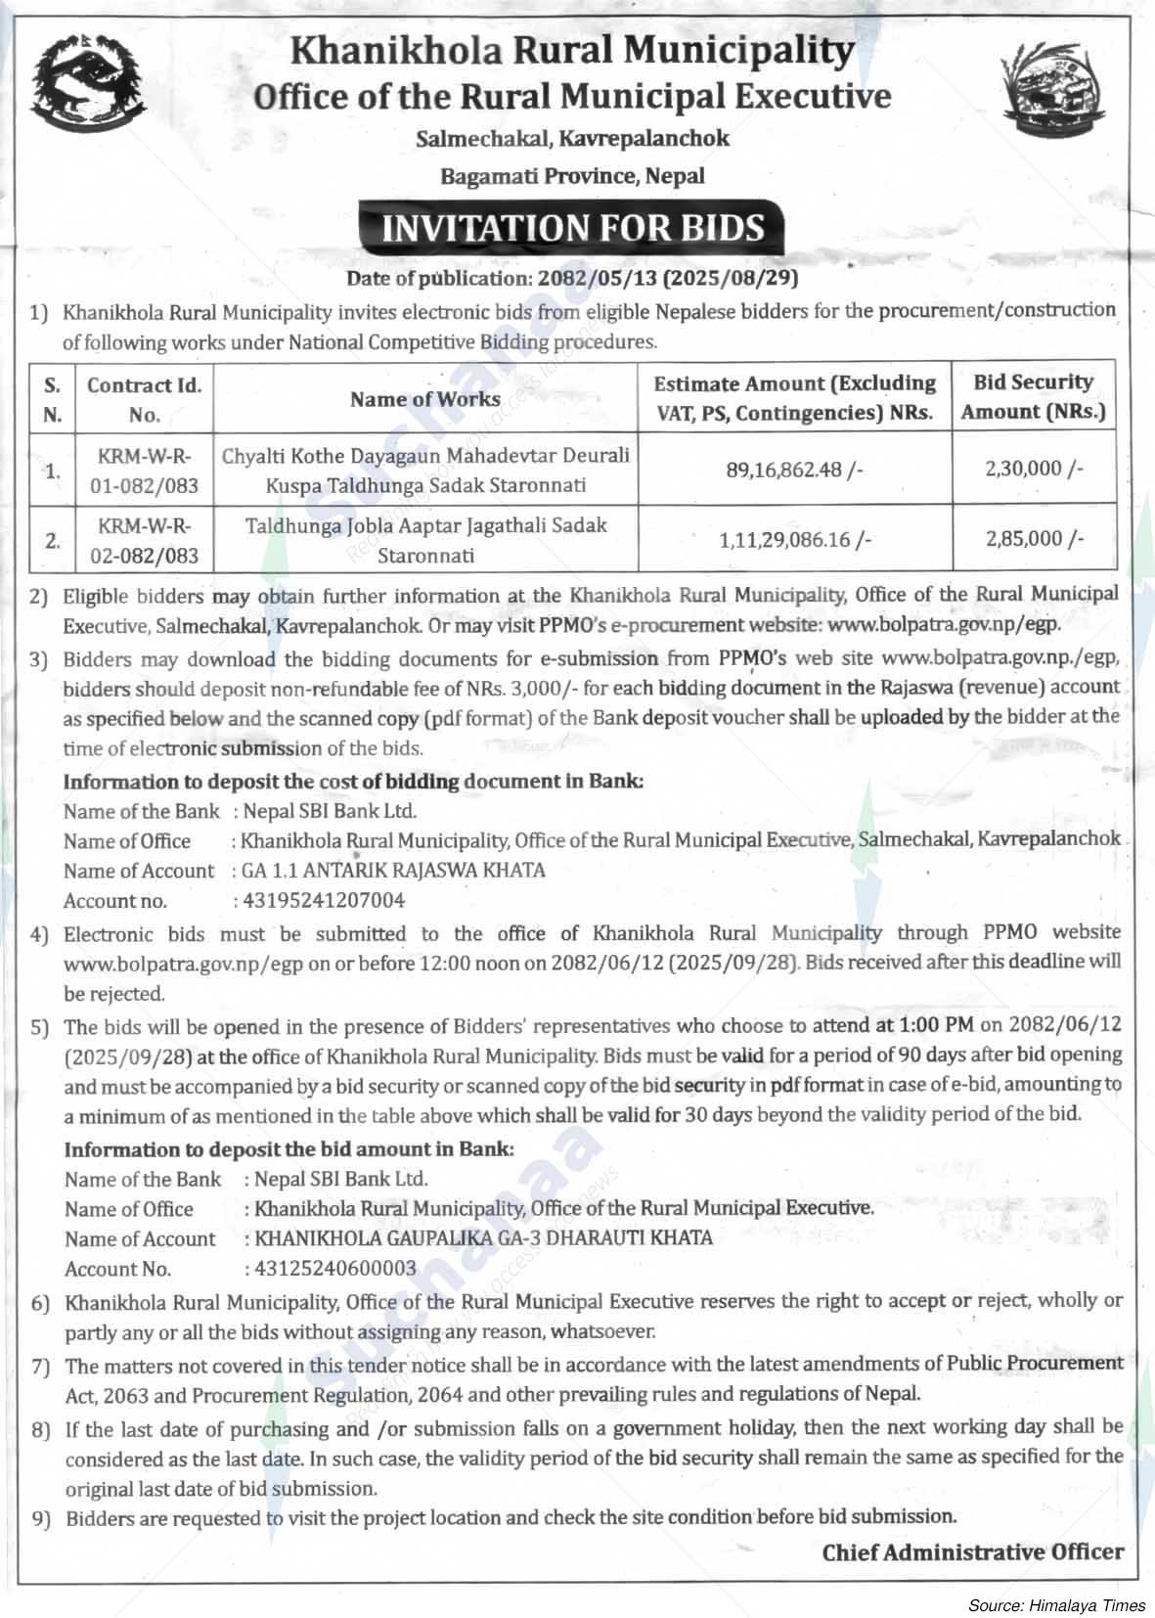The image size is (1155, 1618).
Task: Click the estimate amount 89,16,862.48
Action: click(795, 470)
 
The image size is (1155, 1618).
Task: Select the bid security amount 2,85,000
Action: click(1035, 538)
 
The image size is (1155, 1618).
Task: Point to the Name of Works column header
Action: click(425, 398)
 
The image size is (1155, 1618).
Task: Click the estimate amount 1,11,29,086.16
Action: click(795, 539)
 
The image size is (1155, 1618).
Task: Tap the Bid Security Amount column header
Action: click(1033, 396)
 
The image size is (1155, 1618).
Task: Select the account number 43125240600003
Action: click(334, 1269)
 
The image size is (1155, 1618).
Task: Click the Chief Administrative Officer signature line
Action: click(972, 1551)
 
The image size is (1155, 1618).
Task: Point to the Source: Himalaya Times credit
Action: click(1056, 1605)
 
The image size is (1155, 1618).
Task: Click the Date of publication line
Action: click(572, 279)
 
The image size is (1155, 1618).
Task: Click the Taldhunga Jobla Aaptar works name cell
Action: click(425, 539)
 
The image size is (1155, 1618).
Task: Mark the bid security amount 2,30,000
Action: click(1035, 469)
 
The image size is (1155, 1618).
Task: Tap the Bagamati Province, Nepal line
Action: click(572, 176)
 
